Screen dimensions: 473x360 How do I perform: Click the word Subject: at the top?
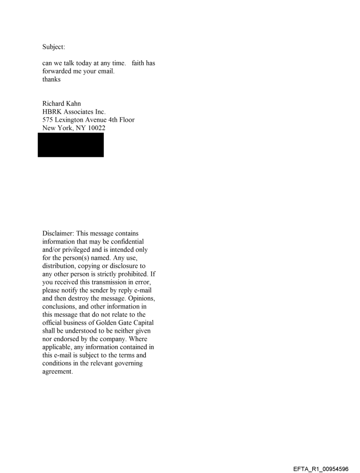coord(54,47)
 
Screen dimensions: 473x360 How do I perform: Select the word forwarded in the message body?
coord(57,71)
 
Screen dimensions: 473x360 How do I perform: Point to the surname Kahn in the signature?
coord(73,104)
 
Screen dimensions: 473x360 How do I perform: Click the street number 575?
coord(48,119)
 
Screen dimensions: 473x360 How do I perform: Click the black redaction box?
coord(71,145)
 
